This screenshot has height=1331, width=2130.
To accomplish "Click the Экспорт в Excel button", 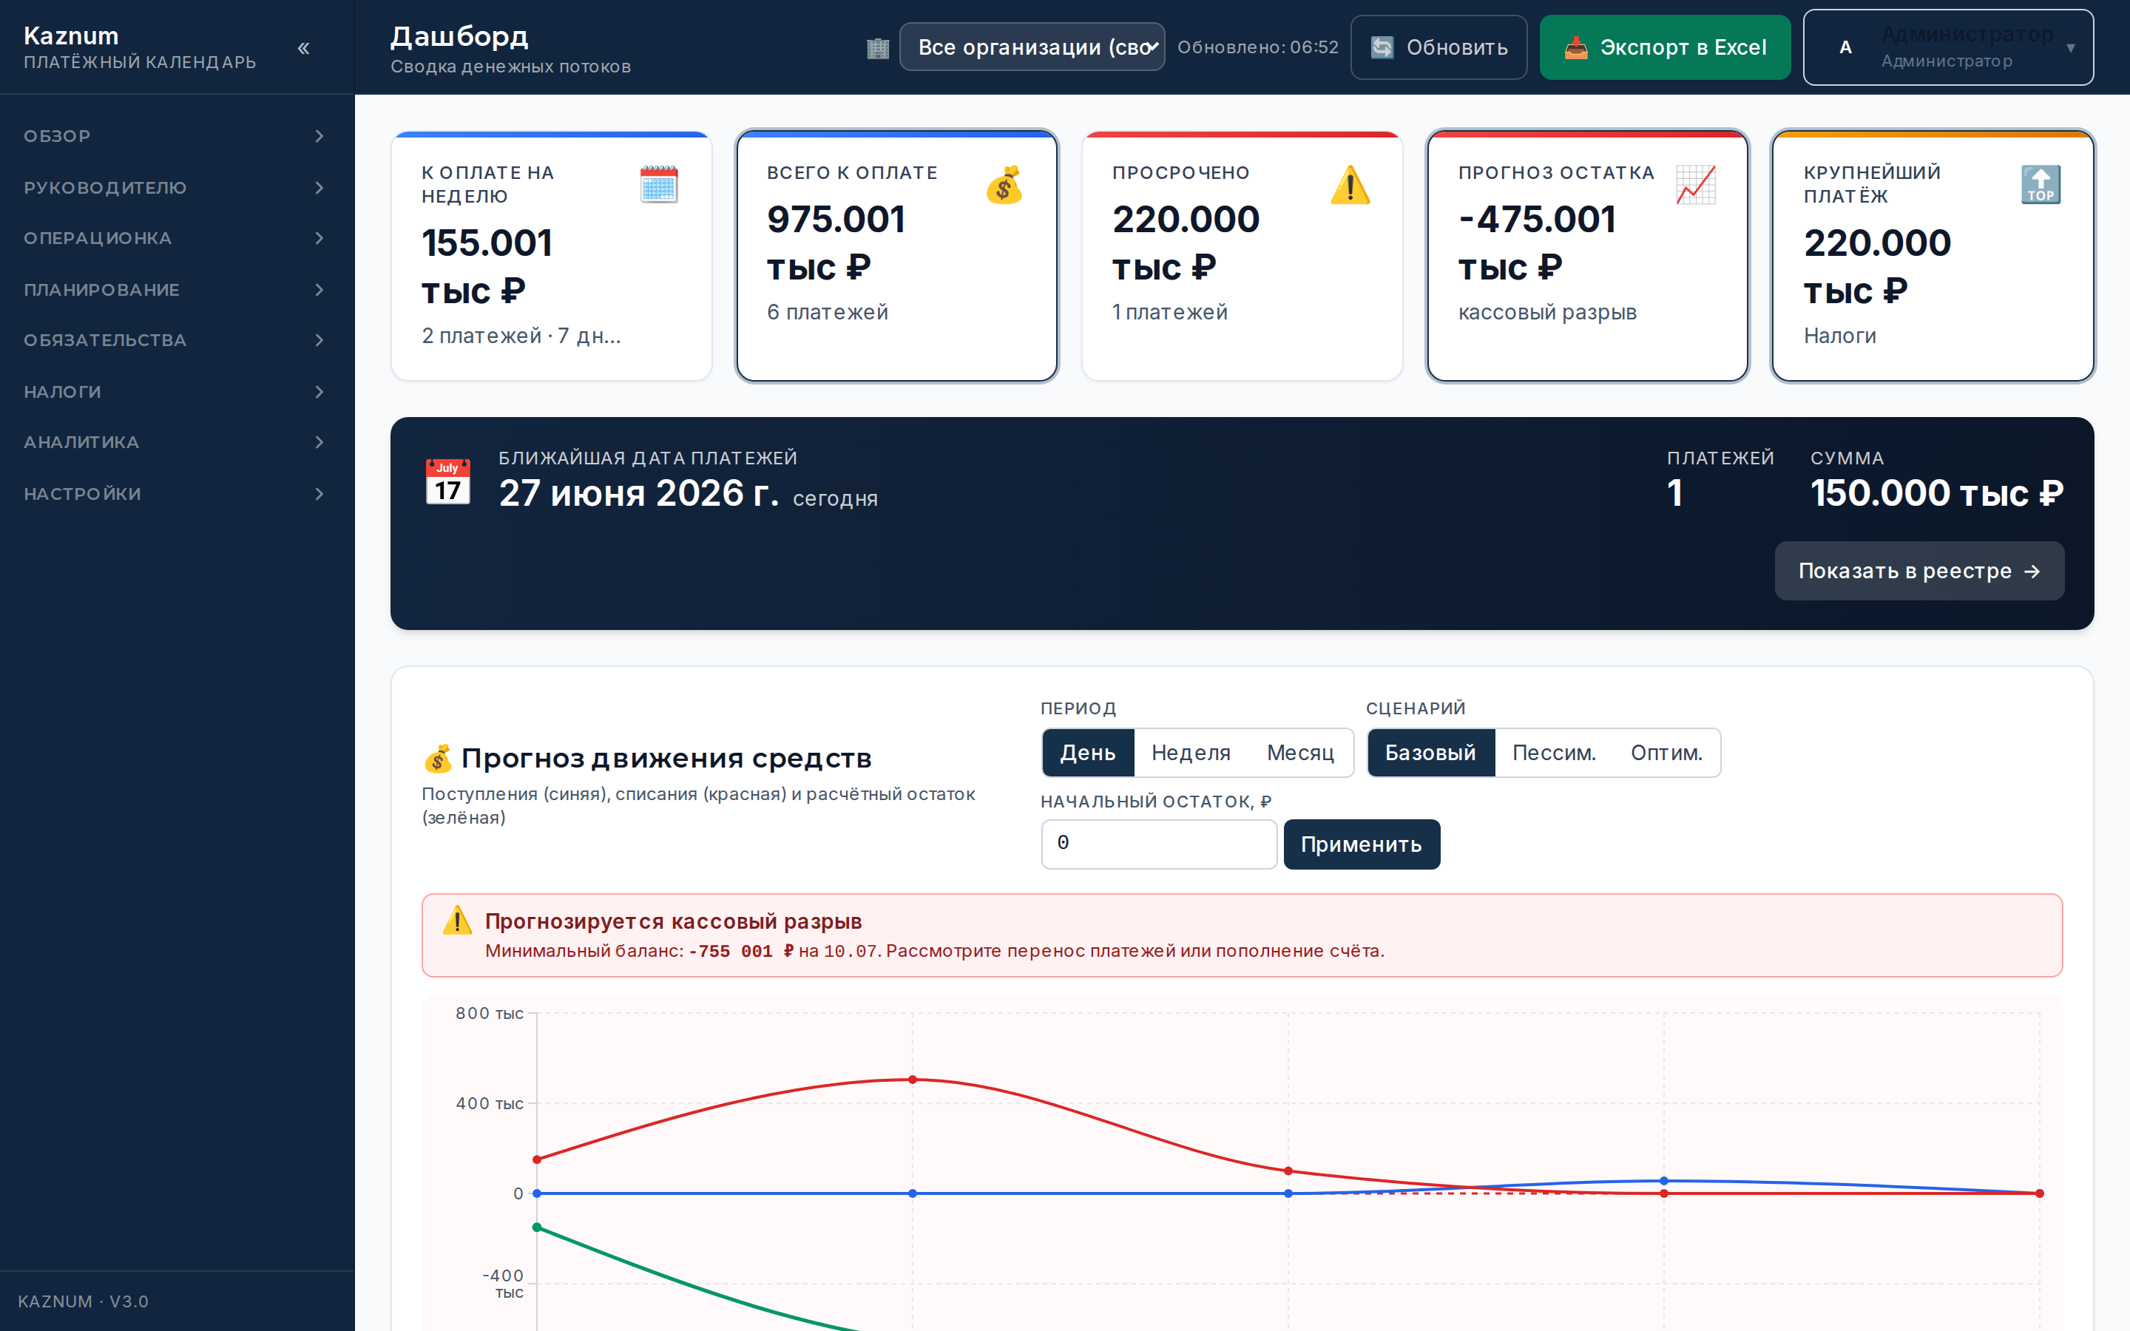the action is coord(1664,47).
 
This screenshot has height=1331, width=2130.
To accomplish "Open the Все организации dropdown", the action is coord(1032,47).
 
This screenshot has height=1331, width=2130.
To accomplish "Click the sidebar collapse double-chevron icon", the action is coord(304,48).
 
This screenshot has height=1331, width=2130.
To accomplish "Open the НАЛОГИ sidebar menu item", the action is coord(177,392).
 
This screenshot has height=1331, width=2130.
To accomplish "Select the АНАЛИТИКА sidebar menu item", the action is coord(177,442).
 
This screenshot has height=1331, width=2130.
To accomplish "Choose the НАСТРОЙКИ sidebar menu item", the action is coord(177,494).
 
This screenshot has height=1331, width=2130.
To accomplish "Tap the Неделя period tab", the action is coord(1191,753).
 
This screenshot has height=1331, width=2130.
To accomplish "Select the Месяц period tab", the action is coord(1300,753).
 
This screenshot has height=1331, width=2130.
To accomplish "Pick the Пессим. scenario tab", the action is coord(1553,753).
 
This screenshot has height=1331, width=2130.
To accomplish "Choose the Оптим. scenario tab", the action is coord(1666,753).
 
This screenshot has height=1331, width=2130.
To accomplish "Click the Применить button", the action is coord(1362,844).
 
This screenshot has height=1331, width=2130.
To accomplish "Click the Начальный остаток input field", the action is coord(1159,844).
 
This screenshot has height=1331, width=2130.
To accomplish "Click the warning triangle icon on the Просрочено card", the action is coord(1350,185).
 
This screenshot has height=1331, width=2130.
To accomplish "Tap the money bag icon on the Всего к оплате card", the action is coord(1004,185).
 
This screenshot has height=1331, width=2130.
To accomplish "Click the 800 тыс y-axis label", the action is coord(490,1013).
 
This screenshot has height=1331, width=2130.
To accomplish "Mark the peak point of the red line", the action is coord(913,1080).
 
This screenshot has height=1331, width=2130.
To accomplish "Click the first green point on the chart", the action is coord(537,1227).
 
